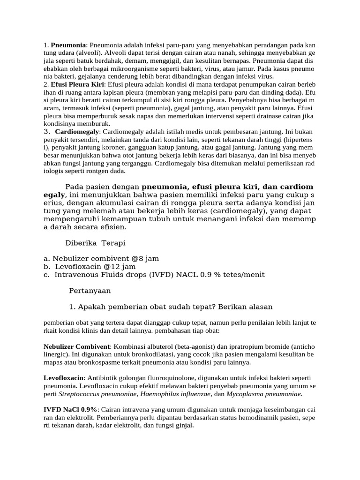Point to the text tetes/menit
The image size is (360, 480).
coord(243,274)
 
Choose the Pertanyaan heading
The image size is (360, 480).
coord(90,291)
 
